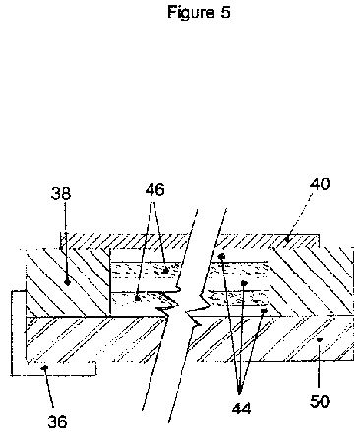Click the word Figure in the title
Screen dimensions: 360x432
190,13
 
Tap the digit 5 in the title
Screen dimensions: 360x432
225,12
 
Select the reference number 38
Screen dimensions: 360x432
61,193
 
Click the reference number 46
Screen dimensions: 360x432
154,190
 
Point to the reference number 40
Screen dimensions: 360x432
320,184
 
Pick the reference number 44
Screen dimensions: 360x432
242,409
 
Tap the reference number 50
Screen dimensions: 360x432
320,401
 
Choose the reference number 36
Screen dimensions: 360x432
58,421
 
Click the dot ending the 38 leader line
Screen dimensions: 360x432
68,282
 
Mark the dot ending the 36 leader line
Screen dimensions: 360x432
45,368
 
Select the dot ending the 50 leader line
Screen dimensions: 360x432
318,339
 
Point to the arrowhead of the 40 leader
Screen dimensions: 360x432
287,240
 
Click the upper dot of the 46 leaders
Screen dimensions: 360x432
165,271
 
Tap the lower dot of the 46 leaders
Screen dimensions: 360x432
138,298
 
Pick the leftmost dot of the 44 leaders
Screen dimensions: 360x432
221,256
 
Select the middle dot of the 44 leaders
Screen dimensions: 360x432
244,282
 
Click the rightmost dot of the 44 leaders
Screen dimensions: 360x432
264,310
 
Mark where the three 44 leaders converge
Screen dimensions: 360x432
239,392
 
